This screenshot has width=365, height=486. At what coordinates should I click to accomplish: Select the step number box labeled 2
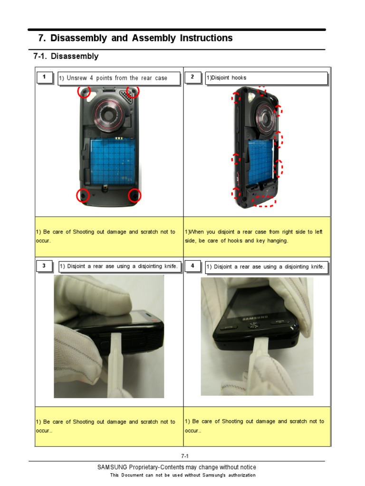click(x=193, y=77)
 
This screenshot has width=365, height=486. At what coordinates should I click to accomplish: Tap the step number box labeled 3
click(x=44, y=266)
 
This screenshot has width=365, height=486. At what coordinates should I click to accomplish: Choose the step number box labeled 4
click(x=193, y=266)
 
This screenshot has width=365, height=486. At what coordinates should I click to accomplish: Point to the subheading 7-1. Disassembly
click(x=66, y=56)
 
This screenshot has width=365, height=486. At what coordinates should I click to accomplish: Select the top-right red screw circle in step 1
click(x=133, y=92)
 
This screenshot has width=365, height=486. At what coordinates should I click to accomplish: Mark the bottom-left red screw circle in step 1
click(x=83, y=195)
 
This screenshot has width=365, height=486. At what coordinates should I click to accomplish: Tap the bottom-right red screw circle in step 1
click(x=134, y=195)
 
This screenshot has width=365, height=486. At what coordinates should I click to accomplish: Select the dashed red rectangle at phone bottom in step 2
click(x=264, y=201)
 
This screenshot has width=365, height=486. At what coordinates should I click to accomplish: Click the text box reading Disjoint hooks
click(x=266, y=78)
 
